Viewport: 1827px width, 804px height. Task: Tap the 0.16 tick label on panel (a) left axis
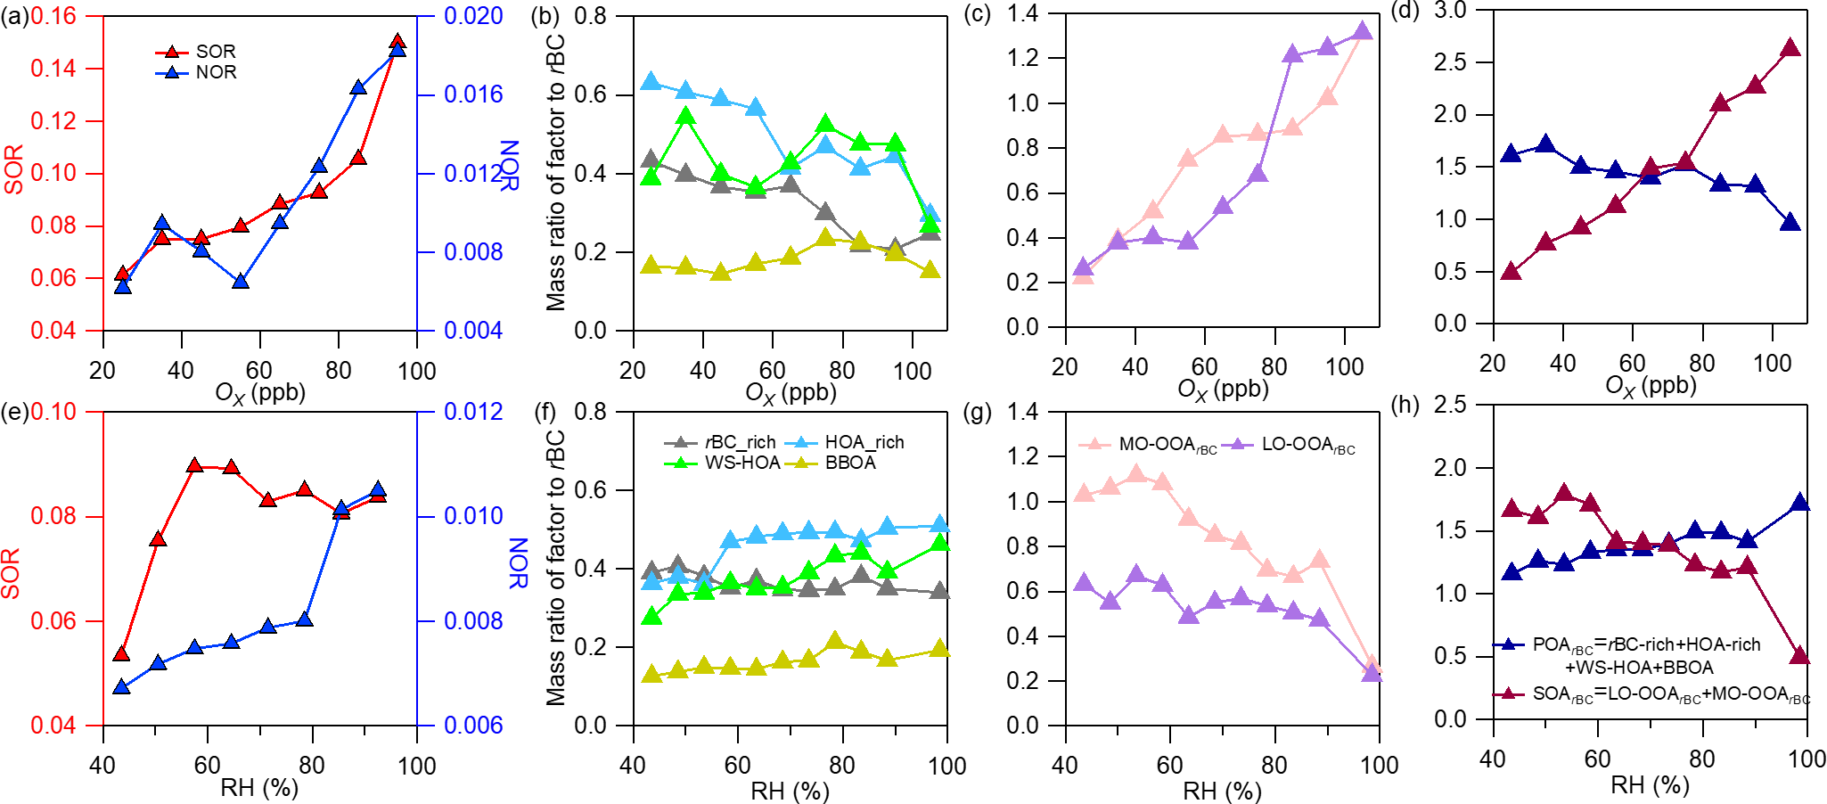click(x=53, y=16)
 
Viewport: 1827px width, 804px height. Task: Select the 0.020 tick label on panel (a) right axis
click(x=473, y=16)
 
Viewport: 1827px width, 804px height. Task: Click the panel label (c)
click(x=978, y=15)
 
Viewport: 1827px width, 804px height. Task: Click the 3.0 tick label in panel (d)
click(x=1450, y=11)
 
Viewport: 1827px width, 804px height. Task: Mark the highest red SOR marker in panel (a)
click(x=397, y=41)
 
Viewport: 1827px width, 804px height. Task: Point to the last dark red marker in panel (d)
click(x=1790, y=48)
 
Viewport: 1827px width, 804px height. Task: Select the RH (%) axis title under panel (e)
click(x=259, y=788)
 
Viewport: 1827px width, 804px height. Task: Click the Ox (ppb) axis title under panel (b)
click(x=791, y=393)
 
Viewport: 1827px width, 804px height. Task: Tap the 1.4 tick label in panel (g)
click(x=1023, y=411)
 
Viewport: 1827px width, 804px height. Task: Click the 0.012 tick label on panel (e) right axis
click(x=473, y=412)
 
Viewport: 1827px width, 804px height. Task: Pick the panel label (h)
click(x=1405, y=406)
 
